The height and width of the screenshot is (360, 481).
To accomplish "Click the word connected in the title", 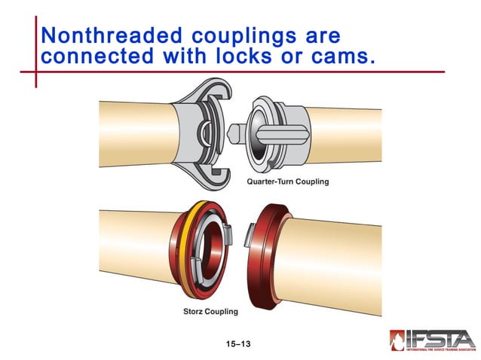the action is coord(92,56).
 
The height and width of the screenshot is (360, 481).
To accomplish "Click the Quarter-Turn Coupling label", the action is coord(287,182).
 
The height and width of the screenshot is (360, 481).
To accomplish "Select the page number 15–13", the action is coord(237,344).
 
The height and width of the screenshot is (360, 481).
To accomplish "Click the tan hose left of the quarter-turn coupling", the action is coord(136,134).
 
